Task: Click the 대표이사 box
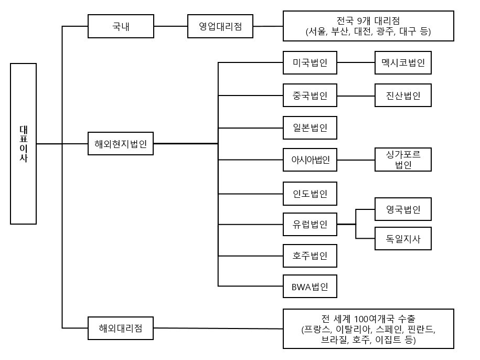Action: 23,144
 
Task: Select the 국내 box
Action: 121,26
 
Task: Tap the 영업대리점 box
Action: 220,26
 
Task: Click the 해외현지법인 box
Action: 121,143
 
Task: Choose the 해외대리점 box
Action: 121,329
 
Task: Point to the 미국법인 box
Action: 310,63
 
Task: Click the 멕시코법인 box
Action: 403,63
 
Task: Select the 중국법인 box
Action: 310,96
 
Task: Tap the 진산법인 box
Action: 403,96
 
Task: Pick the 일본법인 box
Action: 310,128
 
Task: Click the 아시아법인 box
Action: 310,160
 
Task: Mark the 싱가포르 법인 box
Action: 403,160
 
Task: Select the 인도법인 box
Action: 310,193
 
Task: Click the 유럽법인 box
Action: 310,225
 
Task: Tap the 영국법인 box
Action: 403,209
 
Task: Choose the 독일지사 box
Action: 403,239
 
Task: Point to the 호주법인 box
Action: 310,257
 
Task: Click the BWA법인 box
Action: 310,287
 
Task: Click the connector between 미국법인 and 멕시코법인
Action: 356,63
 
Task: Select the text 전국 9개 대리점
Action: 368,21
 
